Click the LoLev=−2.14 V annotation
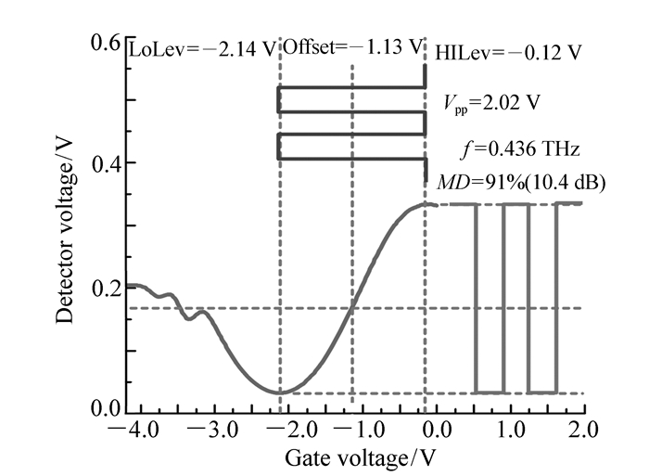(x=203, y=48)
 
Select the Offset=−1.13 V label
(x=351, y=46)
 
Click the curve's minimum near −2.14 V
(x=279, y=392)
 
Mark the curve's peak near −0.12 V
(x=425, y=204)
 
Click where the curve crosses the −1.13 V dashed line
(x=352, y=308)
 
